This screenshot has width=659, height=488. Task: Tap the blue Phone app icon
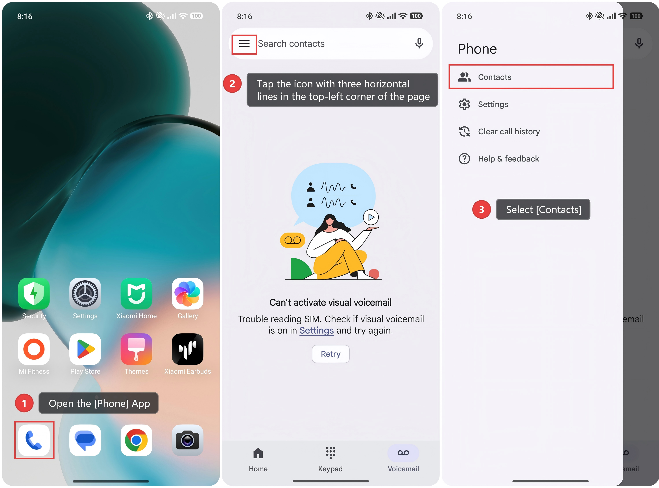34,440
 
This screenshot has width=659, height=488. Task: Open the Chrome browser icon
136,440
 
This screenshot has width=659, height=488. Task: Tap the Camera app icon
188,440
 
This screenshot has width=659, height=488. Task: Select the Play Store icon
85,349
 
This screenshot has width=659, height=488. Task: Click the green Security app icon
34,294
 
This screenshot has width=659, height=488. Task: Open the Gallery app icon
188,294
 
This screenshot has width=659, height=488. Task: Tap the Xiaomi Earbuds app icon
188,349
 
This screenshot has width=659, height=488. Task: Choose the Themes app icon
136,349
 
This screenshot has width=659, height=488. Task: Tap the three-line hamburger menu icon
244,44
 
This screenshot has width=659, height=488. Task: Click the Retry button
330,354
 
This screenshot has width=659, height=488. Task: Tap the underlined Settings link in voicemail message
316,330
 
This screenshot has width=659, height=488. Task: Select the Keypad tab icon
330,453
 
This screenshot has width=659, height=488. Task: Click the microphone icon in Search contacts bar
419,43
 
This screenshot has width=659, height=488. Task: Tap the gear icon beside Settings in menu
464,104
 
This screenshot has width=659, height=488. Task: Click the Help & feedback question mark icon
464,159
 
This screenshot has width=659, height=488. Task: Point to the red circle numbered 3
482,209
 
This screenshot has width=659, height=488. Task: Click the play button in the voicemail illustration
371,217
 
